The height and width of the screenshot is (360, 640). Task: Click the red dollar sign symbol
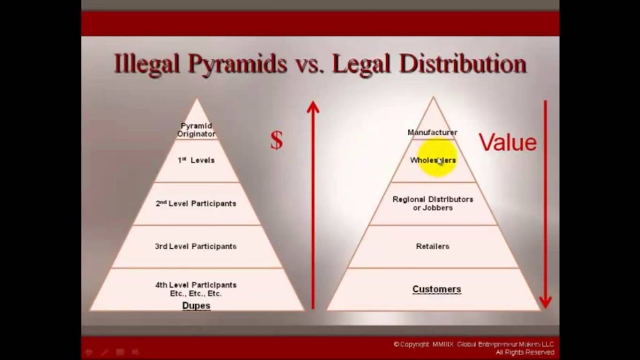pos(276,141)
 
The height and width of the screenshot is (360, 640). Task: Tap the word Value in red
pos(507,142)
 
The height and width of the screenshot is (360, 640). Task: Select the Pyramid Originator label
pos(196,130)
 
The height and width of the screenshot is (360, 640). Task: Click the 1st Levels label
pos(196,160)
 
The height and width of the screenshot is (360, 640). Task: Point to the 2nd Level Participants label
pos(196,203)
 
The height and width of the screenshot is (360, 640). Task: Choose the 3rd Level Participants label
pos(196,246)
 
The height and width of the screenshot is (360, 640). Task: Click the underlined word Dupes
pos(196,305)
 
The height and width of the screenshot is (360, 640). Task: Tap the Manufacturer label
pos(432,132)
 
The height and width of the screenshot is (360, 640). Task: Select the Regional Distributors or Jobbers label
pos(433,203)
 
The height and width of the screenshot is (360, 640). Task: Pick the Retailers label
pos(433,246)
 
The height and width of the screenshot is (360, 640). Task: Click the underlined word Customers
pos(436,289)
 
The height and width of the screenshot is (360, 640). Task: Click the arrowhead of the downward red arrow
pos(545,301)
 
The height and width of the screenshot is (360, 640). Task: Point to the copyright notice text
pos(473,348)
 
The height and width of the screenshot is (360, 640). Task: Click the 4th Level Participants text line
pos(196,285)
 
